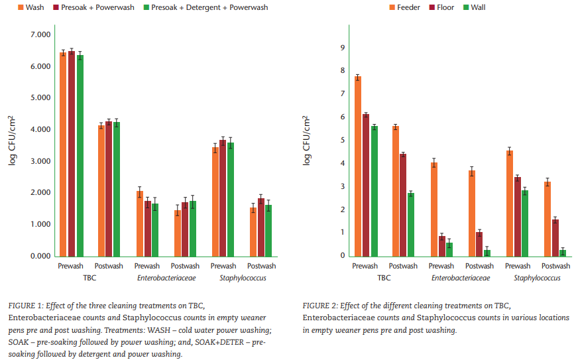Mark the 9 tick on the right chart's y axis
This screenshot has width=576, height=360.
tap(342, 48)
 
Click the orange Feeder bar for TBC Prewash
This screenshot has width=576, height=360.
tap(358, 166)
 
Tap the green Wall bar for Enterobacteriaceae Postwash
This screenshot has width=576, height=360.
tap(487, 253)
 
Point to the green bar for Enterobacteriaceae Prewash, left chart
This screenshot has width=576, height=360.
tap(154, 229)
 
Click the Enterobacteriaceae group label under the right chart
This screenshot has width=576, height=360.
tap(460, 278)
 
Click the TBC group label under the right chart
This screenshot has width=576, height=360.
tap(384, 278)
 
